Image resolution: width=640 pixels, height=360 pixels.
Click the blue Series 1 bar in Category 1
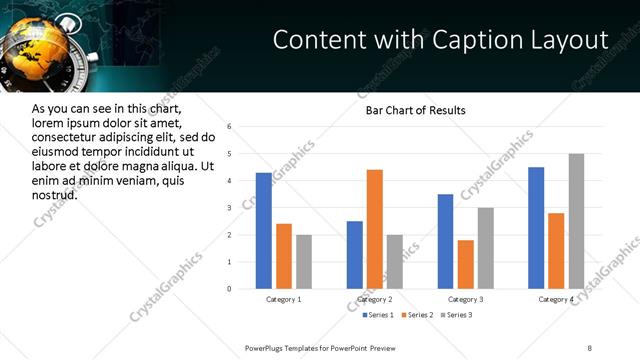(264, 231)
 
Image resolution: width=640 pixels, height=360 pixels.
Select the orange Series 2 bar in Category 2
(375, 229)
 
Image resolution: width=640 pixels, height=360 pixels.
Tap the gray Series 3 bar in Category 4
(576, 221)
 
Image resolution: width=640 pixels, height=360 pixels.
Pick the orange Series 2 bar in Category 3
(466, 264)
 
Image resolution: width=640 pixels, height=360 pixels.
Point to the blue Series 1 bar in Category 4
(536, 228)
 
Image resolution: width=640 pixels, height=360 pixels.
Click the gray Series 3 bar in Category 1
(304, 262)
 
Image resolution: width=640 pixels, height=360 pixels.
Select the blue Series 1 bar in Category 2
(355, 255)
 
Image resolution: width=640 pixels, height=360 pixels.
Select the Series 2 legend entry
(415, 315)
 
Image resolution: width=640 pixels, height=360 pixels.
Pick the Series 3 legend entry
(456, 315)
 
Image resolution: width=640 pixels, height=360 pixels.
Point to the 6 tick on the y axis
(229, 127)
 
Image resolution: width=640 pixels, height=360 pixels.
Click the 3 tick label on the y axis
(229, 208)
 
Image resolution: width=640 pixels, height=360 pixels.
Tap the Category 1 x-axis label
(284, 299)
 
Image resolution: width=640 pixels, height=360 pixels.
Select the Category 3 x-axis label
(466, 299)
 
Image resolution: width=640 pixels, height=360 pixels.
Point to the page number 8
(590, 347)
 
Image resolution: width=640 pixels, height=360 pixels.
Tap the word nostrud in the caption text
(55, 195)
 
